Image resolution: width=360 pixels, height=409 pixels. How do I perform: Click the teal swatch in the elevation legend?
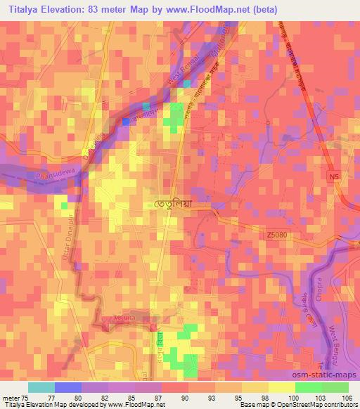pyautogui.click(x=41, y=387)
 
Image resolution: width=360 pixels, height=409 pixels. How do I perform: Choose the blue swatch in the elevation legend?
pyautogui.click(x=68, y=387)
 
